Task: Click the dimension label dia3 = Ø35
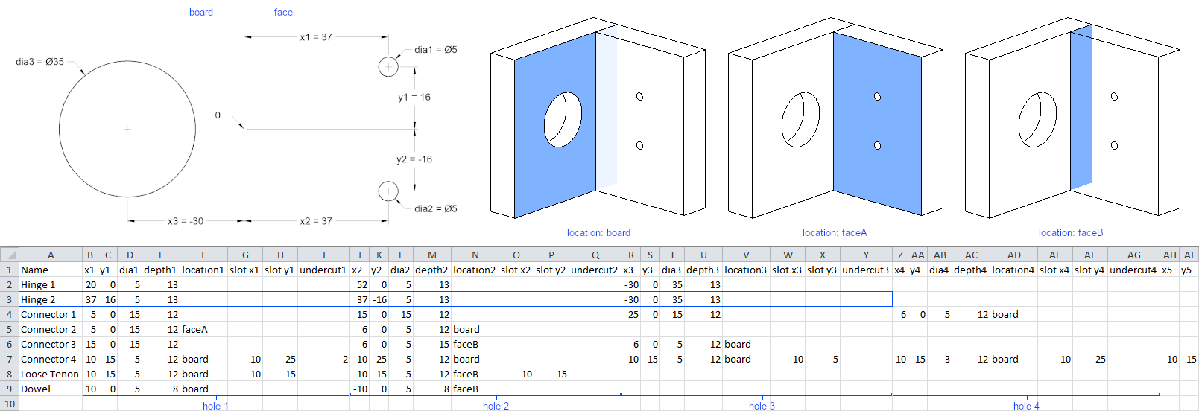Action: [x=39, y=62]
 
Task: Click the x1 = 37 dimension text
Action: [x=316, y=37]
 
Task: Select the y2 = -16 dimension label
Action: [x=414, y=159]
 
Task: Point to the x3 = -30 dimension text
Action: [x=186, y=221]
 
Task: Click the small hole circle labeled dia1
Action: [x=388, y=67]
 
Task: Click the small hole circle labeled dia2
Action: [x=388, y=191]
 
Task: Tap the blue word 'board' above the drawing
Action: [x=201, y=13]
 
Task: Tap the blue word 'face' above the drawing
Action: [x=283, y=13]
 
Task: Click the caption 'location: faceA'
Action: [x=835, y=233]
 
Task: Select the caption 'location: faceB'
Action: [x=1071, y=233]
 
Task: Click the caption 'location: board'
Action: [x=598, y=233]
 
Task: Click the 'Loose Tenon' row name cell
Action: [x=50, y=375]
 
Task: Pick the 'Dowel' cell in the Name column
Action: [x=36, y=389]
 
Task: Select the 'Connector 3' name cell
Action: [x=48, y=345]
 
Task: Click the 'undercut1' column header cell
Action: [x=323, y=270]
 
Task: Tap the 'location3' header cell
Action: [x=745, y=270]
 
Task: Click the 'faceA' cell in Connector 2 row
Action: [x=195, y=330]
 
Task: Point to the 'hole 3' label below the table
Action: [x=762, y=406]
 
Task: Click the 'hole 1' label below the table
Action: [x=215, y=406]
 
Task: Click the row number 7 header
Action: [x=10, y=360]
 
